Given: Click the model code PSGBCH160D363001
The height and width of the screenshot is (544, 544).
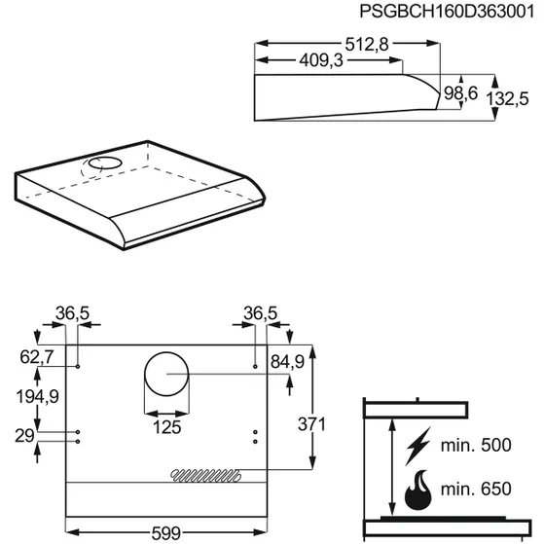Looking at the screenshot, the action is coord(447,11).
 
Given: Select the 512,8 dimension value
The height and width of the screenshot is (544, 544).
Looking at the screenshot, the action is coord(367,45).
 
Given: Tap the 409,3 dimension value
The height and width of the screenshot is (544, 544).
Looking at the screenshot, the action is coord(321,60).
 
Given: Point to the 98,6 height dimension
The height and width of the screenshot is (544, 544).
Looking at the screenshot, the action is coord(460,93).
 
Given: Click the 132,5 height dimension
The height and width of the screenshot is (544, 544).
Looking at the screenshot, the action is coord(507,99).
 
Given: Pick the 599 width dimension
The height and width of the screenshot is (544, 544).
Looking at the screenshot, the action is coord(166,533).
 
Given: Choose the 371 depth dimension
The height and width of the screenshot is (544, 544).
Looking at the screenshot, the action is coord(311,424).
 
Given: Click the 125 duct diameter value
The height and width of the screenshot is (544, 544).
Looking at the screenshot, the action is coord(166,427).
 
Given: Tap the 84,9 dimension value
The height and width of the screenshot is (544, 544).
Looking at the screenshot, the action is coord(287,361).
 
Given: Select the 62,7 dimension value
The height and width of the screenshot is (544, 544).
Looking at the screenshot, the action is coord(37,356).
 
